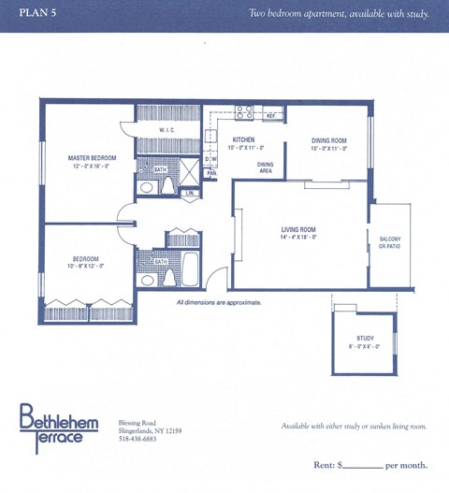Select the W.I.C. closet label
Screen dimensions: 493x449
pos(167,131)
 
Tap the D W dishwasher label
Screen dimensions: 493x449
pos(211,158)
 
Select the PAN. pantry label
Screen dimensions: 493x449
pos(212,173)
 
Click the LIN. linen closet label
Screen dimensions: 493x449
pos(190,193)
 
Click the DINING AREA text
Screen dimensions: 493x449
pos(265,167)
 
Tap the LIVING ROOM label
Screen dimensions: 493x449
pos(298,229)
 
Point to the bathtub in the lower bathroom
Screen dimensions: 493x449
pos(190,267)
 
